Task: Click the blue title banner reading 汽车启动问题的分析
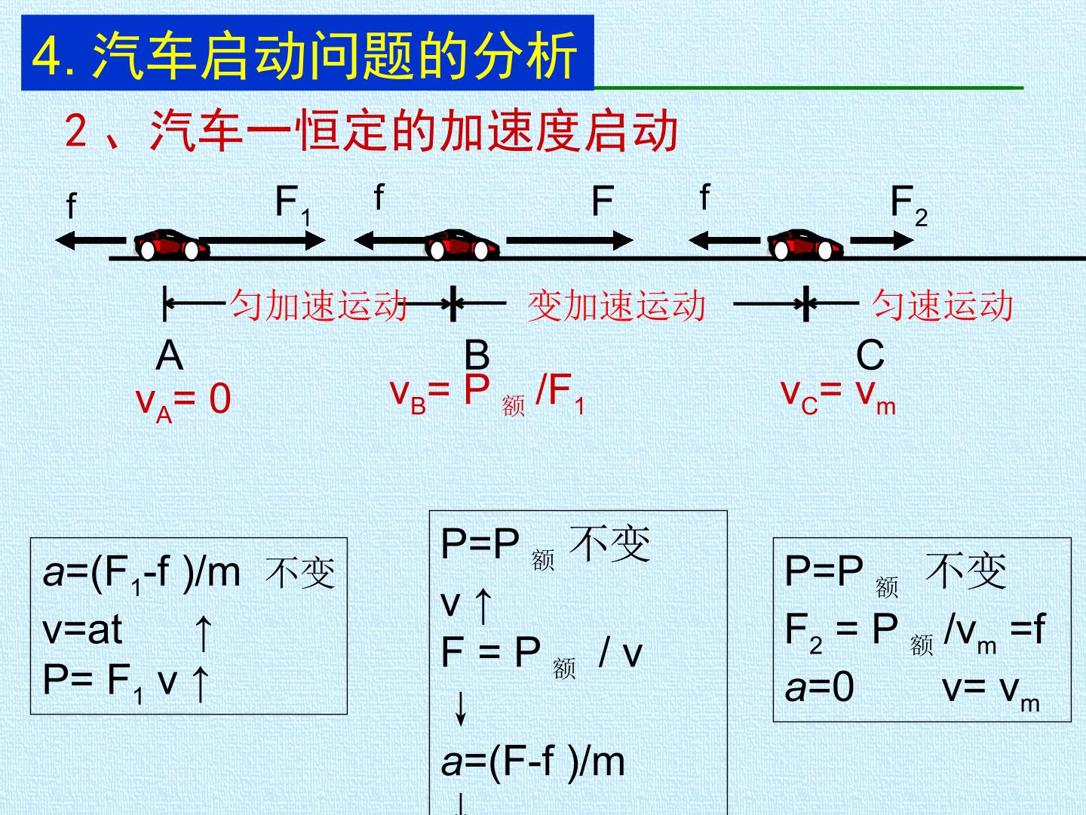tap(307, 53)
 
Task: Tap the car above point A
tap(171, 244)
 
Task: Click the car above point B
tap(462, 244)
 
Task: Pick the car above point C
tap(805, 244)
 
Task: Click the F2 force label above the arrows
tap(909, 205)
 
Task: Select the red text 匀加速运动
tap(318, 305)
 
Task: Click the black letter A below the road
tap(170, 355)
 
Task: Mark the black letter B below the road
tap(477, 355)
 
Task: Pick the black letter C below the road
tap(870, 355)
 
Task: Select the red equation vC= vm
tap(838, 396)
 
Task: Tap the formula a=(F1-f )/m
tap(142, 574)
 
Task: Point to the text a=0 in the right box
tap(819, 687)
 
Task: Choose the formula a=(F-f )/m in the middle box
tap(533, 762)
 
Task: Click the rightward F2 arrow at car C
tap(882, 241)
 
